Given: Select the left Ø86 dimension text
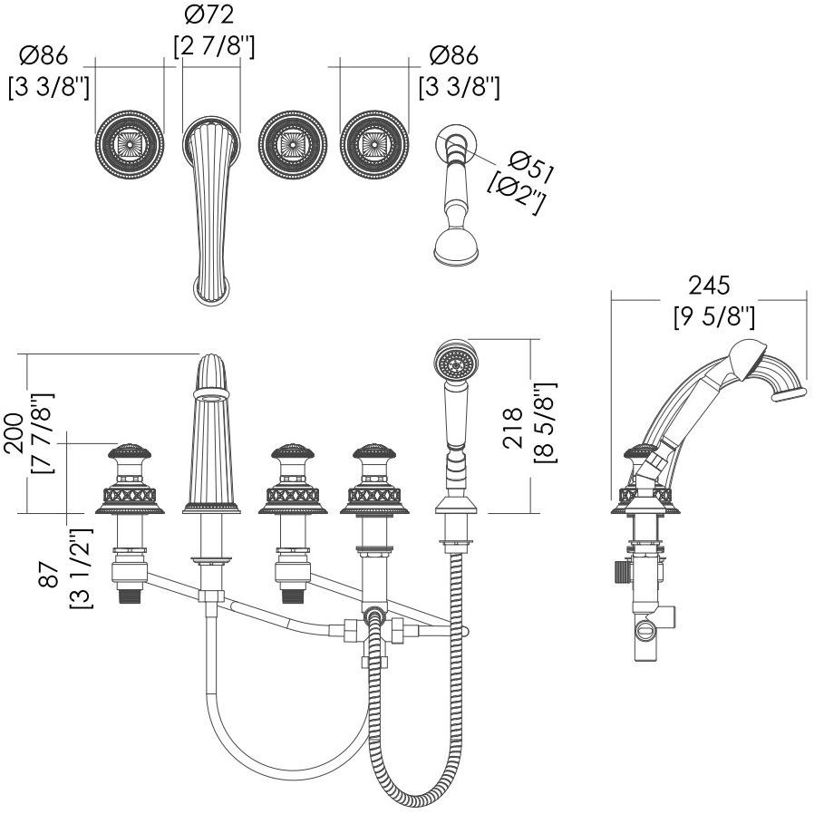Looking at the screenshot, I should tap(43, 56).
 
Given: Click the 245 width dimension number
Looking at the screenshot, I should tap(708, 286).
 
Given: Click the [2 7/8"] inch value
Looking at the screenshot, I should tap(213, 45).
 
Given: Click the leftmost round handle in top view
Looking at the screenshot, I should tap(130, 144).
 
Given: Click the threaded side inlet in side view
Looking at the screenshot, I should tap(619, 573).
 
